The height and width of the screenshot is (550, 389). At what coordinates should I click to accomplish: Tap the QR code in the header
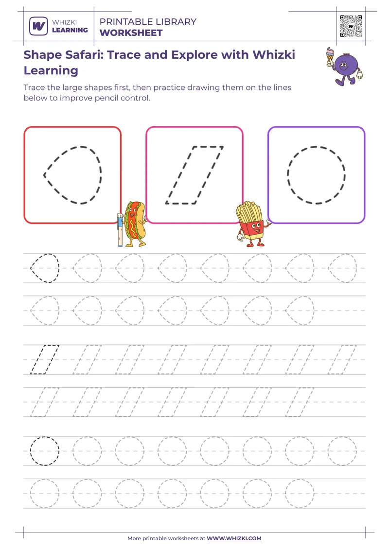[351, 26]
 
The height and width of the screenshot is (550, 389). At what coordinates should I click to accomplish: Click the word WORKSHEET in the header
[131, 33]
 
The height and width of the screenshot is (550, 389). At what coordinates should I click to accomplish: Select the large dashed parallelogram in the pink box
[194, 175]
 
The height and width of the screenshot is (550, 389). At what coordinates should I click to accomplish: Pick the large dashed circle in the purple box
[317, 174]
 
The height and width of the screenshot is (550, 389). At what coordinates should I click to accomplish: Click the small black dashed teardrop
[45, 268]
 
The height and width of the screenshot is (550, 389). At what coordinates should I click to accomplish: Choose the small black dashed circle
[45, 450]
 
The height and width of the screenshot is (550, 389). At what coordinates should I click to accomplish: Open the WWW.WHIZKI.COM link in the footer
[234, 538]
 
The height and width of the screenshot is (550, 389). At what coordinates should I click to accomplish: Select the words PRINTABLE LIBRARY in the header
[148, 22]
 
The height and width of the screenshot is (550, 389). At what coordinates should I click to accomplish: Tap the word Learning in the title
[51, 70]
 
